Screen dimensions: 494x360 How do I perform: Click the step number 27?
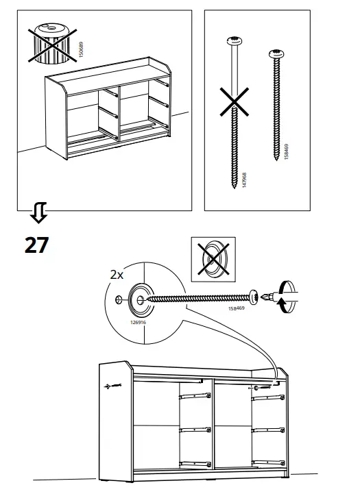(x=36, y=245)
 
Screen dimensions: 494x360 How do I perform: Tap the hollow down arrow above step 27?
(x=38, y=215)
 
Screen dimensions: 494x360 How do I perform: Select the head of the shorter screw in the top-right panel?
(x=276, y=52)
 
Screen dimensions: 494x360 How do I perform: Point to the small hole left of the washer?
(x=120, y=299)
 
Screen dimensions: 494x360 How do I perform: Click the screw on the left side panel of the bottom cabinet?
(x=110, y=386)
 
